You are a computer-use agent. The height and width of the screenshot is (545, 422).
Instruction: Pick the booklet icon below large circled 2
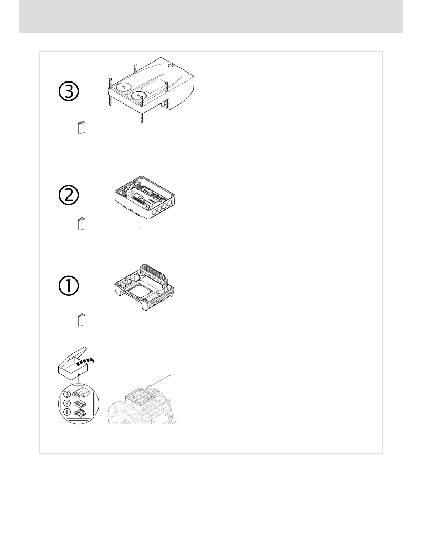[x=81, y=224]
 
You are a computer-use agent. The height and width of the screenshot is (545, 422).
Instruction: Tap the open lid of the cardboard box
[x=74, y=354]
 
